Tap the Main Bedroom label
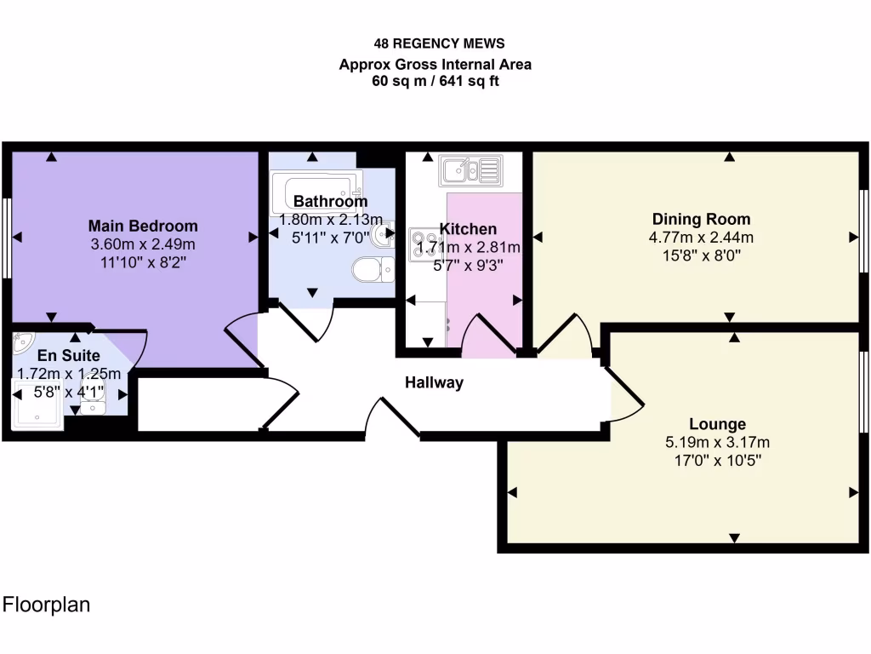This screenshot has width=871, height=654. click(143, 226)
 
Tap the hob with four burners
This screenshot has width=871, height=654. click(423, 244)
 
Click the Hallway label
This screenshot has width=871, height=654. click(434, 382)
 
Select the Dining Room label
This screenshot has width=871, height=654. click(701, 219)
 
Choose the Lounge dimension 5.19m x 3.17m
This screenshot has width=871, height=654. click(717, 442)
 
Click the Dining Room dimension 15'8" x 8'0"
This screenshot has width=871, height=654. click(701, 255)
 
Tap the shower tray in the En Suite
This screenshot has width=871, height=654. click(37, 404)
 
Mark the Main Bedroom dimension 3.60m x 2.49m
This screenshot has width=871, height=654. click(143, 244)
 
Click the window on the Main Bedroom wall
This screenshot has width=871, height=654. click(6, 238)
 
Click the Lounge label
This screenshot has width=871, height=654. click(717, 423)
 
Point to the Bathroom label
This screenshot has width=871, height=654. click(330, 202)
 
